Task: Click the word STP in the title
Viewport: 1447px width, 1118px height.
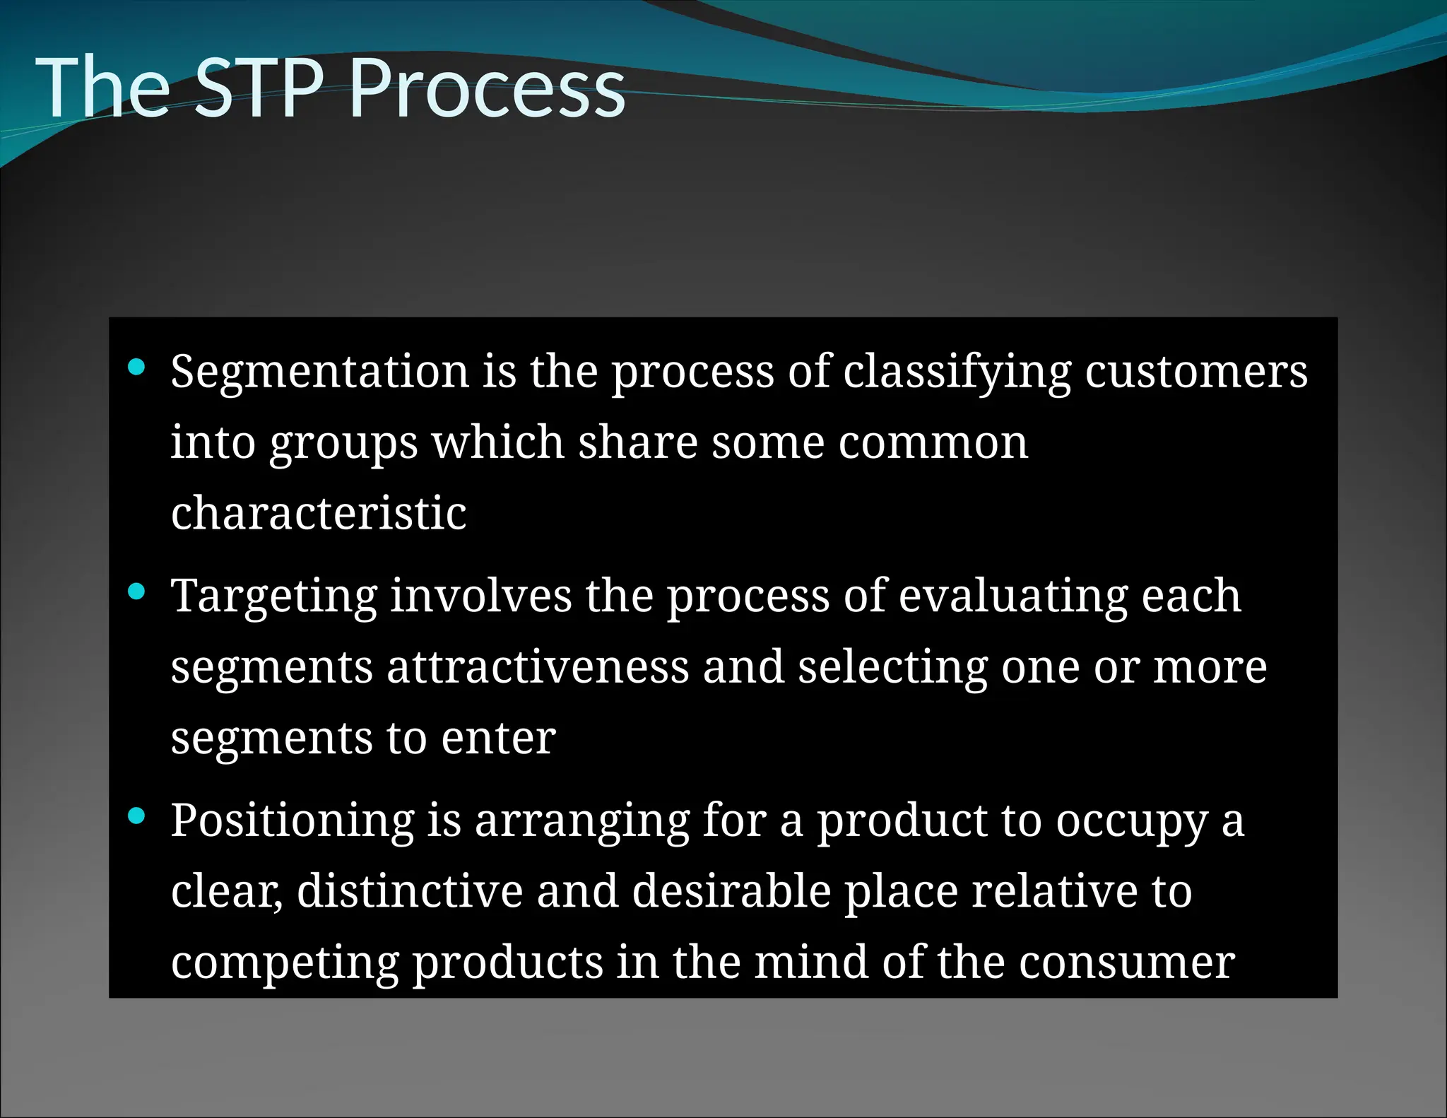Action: [257, 88]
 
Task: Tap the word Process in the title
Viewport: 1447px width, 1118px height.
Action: [487, 88]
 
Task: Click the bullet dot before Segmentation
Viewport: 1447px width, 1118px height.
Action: [136, 367]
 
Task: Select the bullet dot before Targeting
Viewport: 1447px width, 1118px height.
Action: [136, 591]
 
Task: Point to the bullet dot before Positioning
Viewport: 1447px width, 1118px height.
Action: [136, 816]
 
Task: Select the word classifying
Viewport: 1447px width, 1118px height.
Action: [957, 372]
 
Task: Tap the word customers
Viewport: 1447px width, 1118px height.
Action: [1195, 372]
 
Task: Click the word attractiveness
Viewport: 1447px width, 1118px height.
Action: [538, 666]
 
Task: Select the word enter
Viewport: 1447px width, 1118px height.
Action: [498, 739]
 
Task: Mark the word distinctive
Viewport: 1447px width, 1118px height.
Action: [410, 891]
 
